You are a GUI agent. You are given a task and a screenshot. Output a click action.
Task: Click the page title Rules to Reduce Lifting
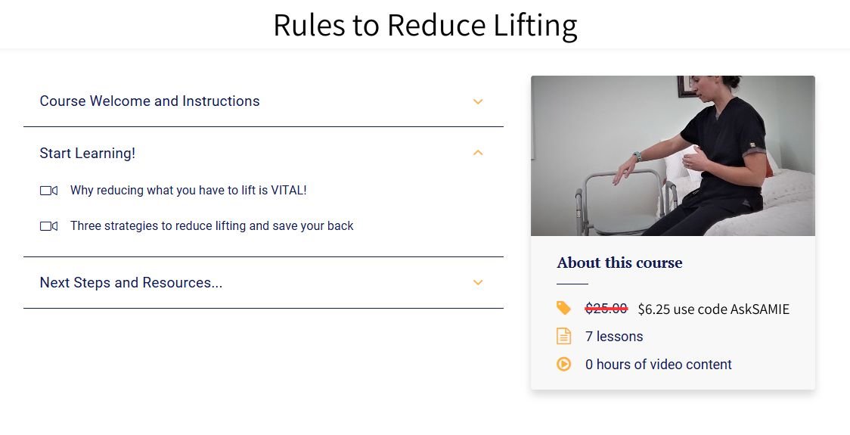[425, 25]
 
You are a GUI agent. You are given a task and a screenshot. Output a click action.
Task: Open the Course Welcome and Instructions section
[150, 101]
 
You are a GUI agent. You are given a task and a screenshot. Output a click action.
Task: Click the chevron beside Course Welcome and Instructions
[478, 101]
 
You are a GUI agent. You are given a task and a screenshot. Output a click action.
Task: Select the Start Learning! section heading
[88, 154]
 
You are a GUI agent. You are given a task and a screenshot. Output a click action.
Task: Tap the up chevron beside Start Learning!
[478, 153]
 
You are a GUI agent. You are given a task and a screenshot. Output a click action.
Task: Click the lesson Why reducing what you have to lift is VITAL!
[188, 191]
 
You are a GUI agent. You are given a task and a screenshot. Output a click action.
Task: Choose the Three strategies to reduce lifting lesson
[212, 226]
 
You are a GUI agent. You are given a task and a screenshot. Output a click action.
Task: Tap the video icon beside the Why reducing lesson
[48, 191]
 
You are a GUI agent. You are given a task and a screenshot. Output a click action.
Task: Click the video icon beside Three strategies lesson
[48, 226]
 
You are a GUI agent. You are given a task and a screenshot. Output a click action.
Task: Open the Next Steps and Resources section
[131, 283]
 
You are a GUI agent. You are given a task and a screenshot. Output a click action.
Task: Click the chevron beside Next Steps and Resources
[478, 283]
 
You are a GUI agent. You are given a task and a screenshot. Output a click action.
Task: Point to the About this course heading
[619, 263]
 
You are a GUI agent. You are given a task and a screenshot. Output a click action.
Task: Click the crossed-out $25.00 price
[606, 309]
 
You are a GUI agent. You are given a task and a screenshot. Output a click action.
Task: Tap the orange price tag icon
[563, 308]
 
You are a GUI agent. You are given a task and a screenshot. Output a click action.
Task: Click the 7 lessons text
[614, 337]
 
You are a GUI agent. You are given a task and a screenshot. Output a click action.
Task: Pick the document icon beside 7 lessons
[563, 336]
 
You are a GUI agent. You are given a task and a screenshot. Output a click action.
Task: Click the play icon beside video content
[563, 364]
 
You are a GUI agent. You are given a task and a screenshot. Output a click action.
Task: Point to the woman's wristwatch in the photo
[637, 157]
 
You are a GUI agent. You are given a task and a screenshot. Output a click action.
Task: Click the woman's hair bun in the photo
[731, 81]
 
